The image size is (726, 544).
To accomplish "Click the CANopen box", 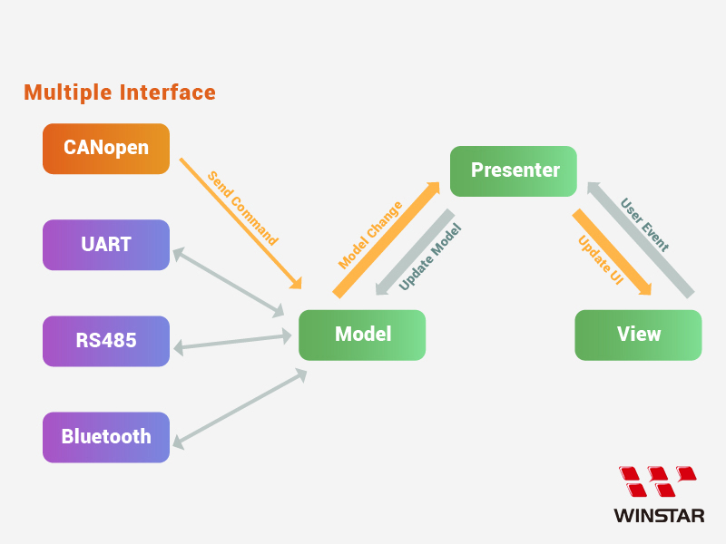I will [x=106, y=148].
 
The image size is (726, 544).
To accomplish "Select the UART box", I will [x=106, y=245].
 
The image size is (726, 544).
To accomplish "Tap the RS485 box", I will [x=106, y=341].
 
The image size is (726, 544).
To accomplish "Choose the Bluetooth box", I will [x=106, y=437].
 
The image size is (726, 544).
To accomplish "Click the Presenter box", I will [x=515, y=170].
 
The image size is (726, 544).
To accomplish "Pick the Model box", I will [x=362, y=335].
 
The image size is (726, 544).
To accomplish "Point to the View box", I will [x=638, y=335].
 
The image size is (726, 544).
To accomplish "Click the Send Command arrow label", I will [x=242, y=209].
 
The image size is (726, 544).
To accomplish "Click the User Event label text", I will [x=644, y=225].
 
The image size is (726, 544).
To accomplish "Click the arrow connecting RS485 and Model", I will [x=234, y=342].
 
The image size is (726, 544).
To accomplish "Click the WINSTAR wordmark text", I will [x=659, y=516].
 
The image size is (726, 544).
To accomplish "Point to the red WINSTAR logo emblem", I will [x=658, y=481].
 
